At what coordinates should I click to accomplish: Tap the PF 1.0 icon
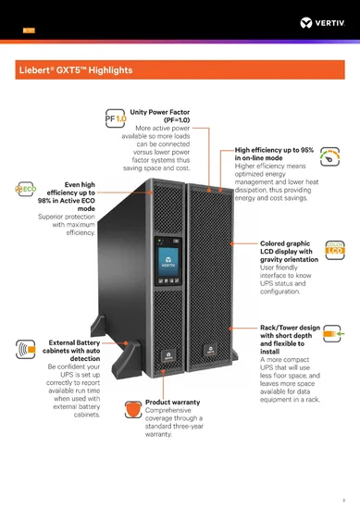(116, 118)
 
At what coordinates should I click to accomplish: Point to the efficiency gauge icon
(337, 155)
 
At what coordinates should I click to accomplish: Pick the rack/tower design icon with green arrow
(337, 330)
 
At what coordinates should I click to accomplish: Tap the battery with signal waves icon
(22, 350)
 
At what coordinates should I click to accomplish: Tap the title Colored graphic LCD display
(290, 253)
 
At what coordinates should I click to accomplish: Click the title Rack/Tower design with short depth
(290, 333)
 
